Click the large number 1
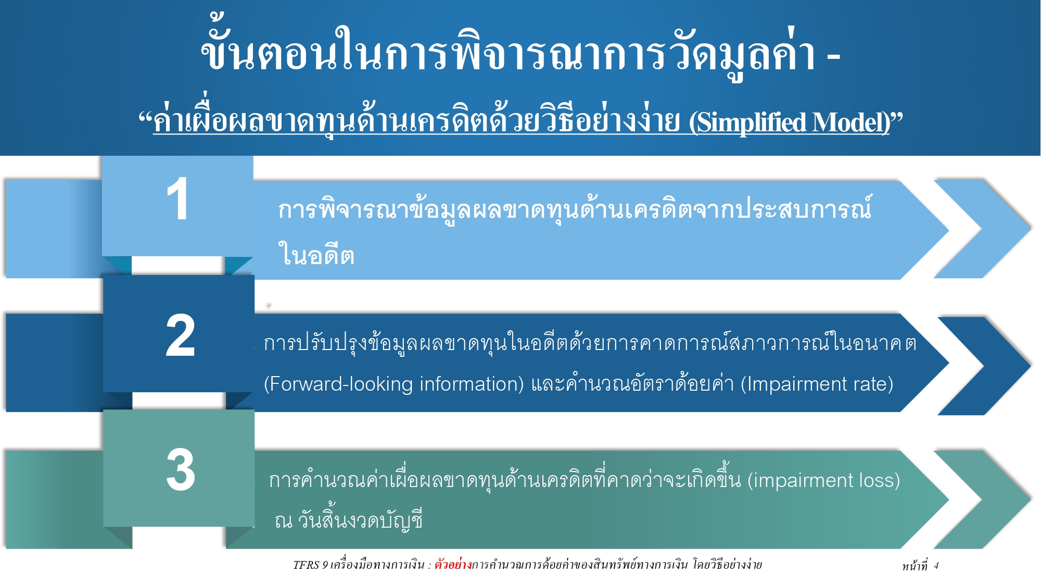click(x=177, y=200)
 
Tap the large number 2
click(x=180, y=336)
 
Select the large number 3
click(x=181, y=470)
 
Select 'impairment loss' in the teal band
click(x=823, y=480)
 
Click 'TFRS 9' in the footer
click(x=310, y=565)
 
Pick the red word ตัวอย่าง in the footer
click(x=453, y=565)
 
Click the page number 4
click(x=936, y=566)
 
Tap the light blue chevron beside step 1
click(x=981, y=229)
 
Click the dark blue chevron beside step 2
click(x=983, y=366)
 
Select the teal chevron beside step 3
click(x=981, y=500)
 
